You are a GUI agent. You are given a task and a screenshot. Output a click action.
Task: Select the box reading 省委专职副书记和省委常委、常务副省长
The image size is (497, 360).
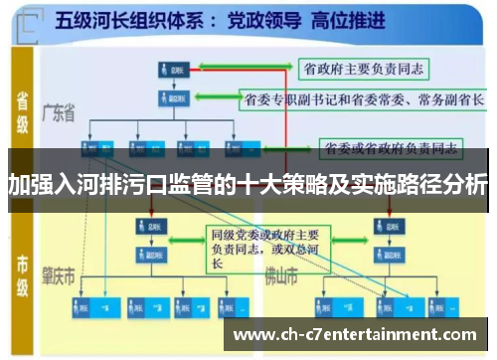click(x=364, y=99)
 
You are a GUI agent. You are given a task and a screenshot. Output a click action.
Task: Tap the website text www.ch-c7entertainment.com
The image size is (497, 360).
click(x=359, y=334)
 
